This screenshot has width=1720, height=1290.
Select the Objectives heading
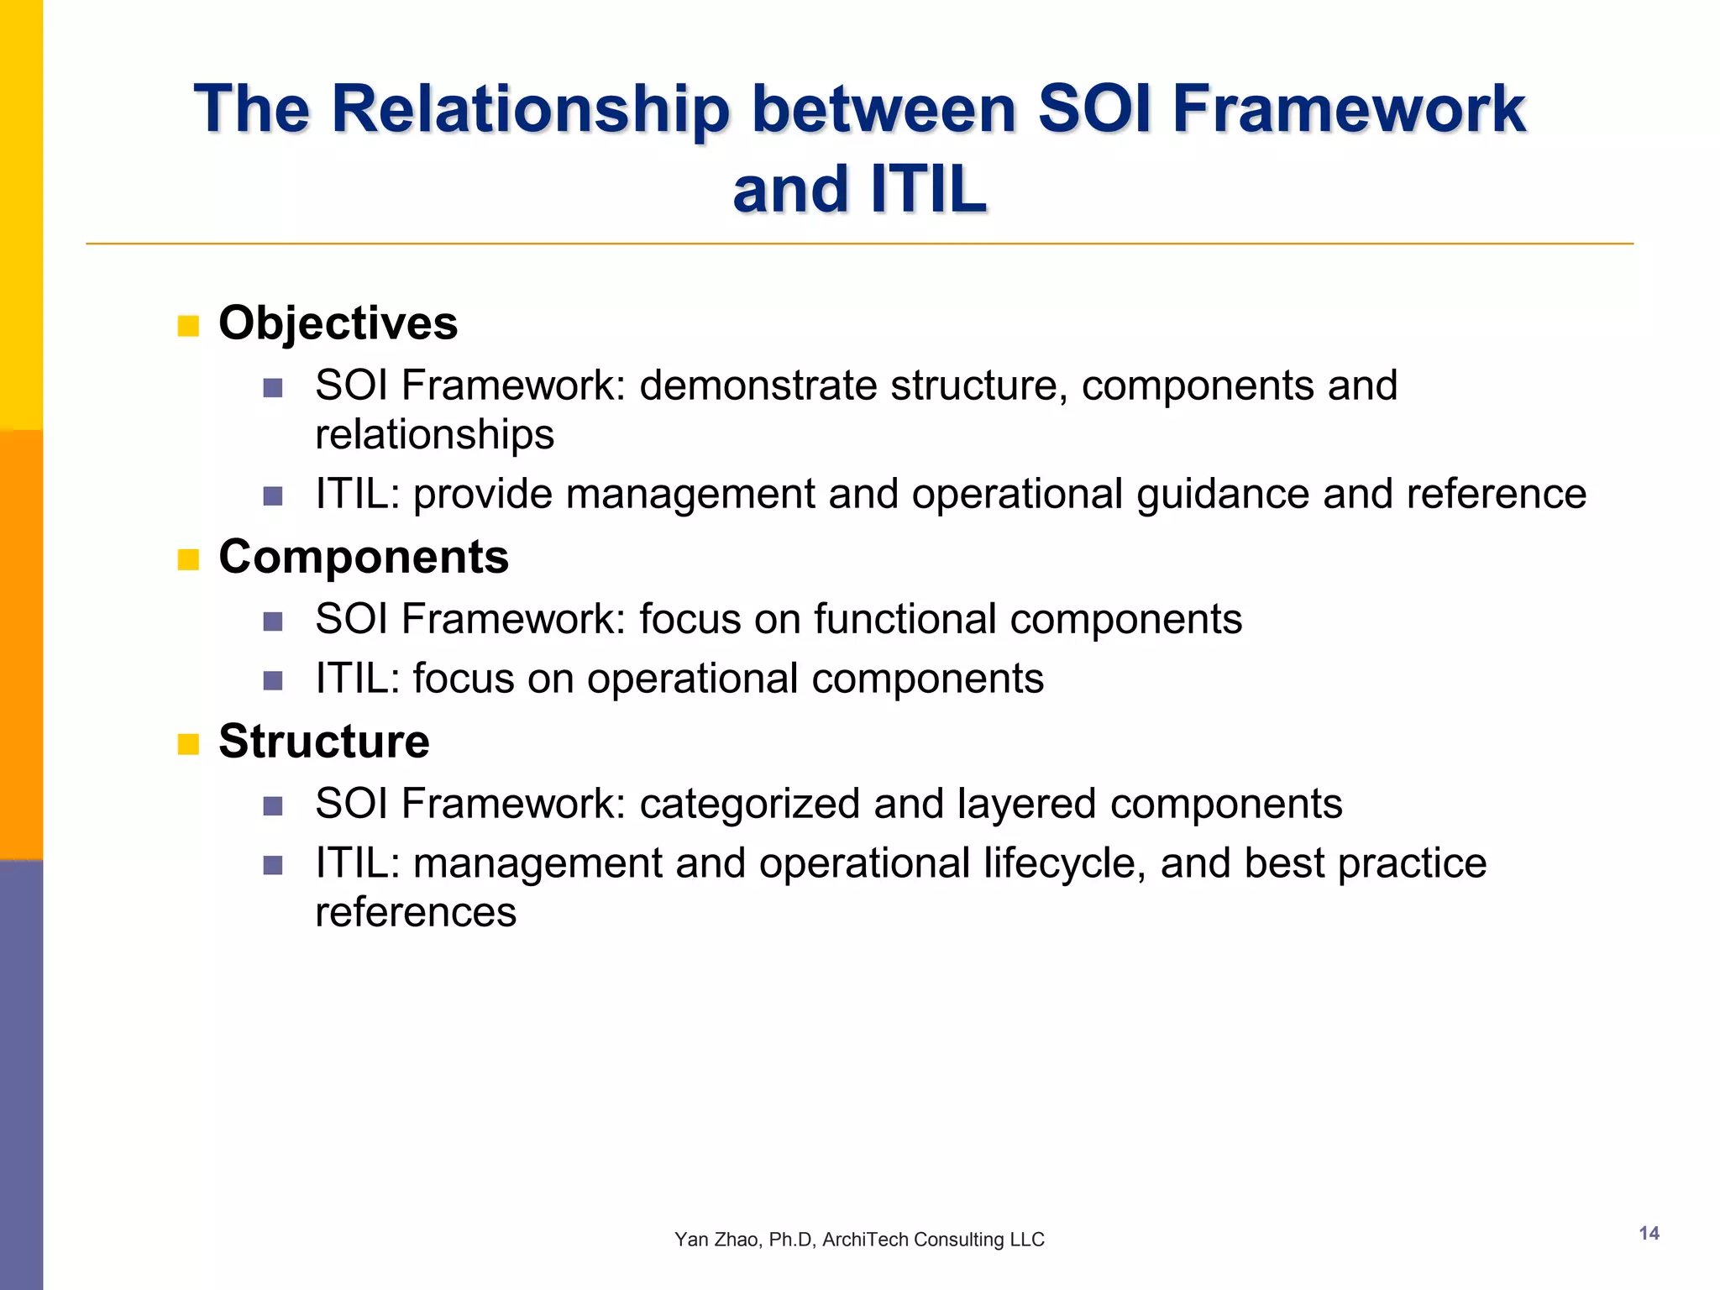[338, 323]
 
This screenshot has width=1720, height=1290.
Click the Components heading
[363, 557]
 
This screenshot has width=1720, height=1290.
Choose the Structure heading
[323, 742]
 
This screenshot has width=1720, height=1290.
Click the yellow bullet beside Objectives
[188, 326]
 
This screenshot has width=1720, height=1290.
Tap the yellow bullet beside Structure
[188, 744]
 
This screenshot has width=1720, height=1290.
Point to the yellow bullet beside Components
[188, 559]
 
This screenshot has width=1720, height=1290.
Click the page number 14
[1649, 1233]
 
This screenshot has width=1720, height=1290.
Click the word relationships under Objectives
[434, 435]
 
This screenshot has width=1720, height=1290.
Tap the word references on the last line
[416, 913]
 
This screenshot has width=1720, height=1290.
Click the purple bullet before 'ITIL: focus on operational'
[272, 680]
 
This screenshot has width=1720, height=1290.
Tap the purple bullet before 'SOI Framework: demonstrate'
[272, 387]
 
